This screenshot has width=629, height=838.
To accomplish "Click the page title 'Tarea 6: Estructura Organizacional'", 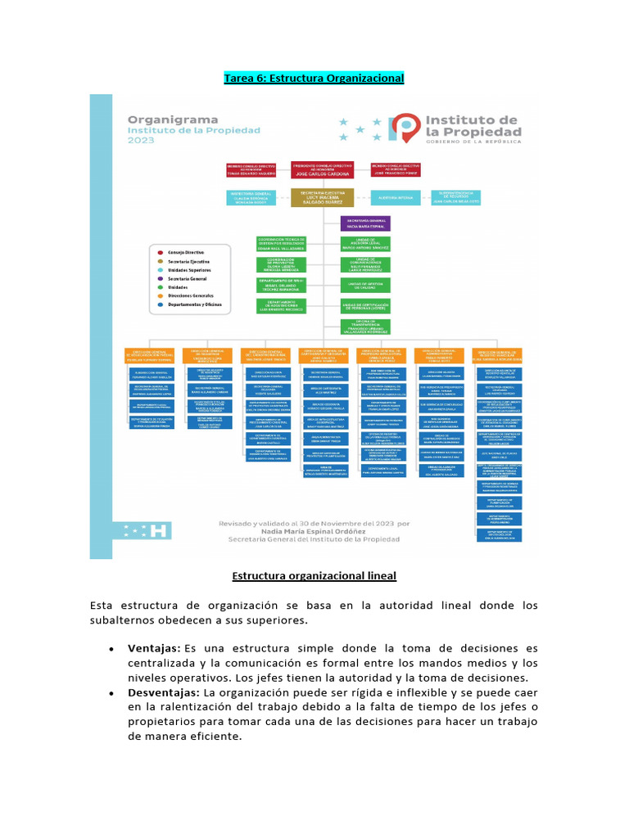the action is coord(314,78).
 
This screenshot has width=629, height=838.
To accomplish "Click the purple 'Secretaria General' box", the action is coord(365,223).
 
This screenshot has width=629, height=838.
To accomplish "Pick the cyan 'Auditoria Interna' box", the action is coord(397,197).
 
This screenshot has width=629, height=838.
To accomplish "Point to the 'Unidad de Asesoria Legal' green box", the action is coord(365,243).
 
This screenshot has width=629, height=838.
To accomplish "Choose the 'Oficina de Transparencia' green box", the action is coord(365,327).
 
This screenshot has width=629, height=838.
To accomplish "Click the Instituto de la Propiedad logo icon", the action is coord(404,126).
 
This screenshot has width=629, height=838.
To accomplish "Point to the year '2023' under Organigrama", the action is coord(140,141).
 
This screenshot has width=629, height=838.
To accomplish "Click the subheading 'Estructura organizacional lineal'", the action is coord(314,576).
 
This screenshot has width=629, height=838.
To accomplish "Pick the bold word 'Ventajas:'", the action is coord(154,648).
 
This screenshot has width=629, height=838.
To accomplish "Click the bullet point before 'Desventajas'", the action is coord(111,693).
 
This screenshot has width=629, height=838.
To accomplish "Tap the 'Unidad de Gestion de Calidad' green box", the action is coord(365,285).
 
